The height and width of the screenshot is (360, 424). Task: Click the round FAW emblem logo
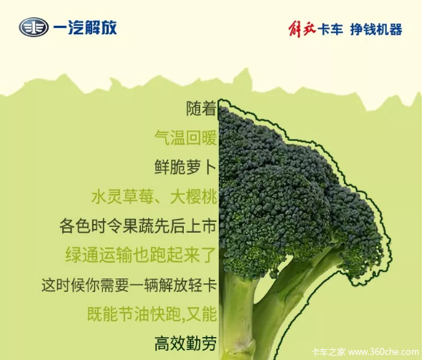click(34, 27)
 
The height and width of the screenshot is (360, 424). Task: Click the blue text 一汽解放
click(85, 27)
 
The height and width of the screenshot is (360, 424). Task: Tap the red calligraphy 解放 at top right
click(302, 29)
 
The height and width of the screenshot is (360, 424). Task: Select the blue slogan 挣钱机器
click(376, 29)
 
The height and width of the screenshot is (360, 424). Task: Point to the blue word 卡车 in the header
click(330, 29)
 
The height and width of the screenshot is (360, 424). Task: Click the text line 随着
click(202, 108)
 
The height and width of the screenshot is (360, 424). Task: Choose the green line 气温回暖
click(186, 138)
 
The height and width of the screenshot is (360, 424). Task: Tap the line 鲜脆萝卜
click(186, 167)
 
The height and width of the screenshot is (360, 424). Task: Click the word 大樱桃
click(194, 197)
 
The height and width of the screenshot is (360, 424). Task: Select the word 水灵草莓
click(123, 197)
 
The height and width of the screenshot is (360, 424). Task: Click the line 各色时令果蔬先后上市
click(138, 225)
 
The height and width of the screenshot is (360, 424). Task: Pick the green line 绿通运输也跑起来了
click(141, 255)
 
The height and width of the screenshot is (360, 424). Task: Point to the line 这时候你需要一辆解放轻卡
click(129, 285)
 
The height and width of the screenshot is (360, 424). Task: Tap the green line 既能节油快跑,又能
click(152, 314)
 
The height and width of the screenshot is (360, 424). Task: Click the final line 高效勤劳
click(186, 344)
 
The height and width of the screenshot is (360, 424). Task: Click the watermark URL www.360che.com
click(383, 352)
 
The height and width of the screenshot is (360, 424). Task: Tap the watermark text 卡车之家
click(328, 352)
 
